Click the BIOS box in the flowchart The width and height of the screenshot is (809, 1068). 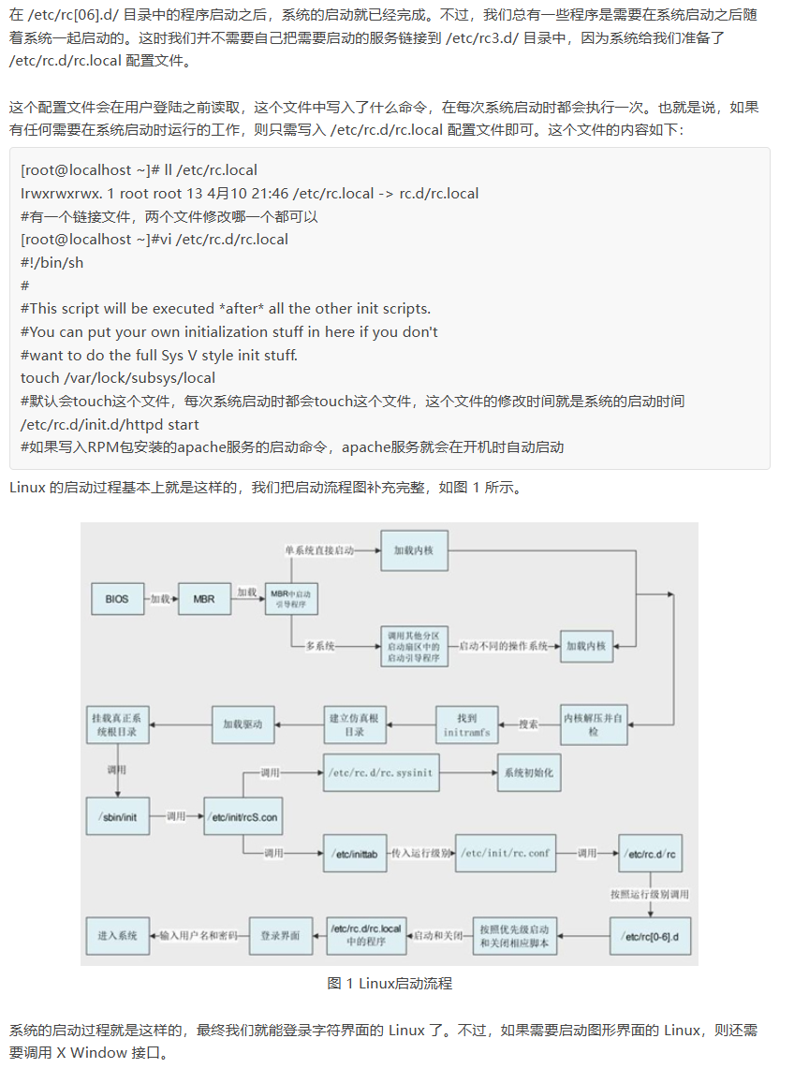point(117,598)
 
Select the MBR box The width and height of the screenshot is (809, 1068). point(204,598)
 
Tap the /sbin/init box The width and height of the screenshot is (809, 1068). point(117,816)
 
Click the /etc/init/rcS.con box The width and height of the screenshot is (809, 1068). point(242,816)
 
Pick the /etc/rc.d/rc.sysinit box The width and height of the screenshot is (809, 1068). point(380,773)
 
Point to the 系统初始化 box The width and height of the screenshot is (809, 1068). point(529,773)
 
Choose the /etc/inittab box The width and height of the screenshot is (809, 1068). point(355,854)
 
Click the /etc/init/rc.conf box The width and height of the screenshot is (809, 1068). point(506,854)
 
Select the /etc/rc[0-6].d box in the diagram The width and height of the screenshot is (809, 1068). point(650,935)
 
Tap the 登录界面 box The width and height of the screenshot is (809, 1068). point(280,935)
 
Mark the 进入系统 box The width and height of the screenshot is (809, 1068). point(117,935)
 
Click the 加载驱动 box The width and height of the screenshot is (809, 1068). point(243,724)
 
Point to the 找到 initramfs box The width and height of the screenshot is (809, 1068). point(466,724)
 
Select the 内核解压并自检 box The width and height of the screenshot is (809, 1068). point(594,724)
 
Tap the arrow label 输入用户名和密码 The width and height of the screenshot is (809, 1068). point(199,935)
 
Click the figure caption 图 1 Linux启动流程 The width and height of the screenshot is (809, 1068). point(390,983)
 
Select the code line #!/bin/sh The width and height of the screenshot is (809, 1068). point(52,262)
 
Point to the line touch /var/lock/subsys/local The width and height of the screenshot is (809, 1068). point(118,378)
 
